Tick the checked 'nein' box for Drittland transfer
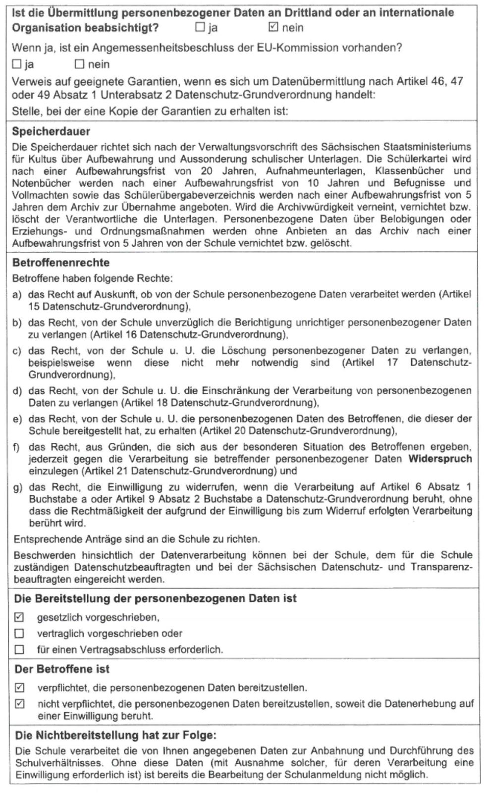point(273,27)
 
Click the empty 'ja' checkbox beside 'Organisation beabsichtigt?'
point(200,27)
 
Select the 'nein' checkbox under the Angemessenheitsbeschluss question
point(79,64)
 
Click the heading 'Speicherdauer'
point(51,132)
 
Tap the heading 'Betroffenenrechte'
point(60,263)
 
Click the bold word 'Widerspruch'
point(440,459)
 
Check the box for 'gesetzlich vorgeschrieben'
point(19,617)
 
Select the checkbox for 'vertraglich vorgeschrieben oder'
point(19,633)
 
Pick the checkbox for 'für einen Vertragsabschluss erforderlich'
point(19,649)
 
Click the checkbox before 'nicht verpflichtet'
point(19,704)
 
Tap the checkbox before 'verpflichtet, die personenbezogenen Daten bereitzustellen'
point(19,687)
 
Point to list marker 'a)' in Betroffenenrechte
point(17,295)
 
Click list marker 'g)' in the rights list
point(17,487)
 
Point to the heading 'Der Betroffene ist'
point(62,669)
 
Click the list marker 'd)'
point(17,391)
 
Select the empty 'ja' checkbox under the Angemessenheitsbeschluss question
point(16,64)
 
